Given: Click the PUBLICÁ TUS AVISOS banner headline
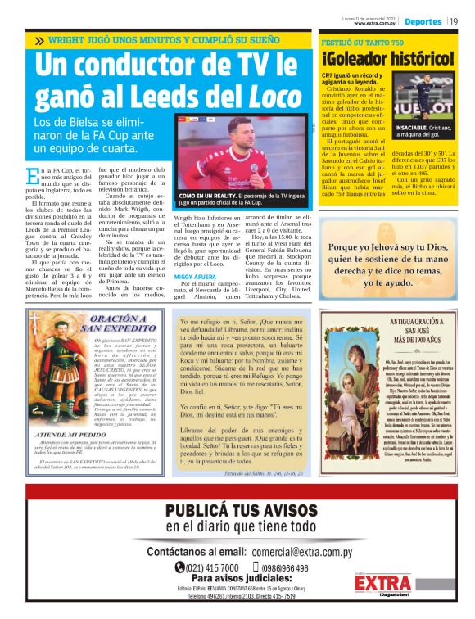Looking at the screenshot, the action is (x=237, y=512).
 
